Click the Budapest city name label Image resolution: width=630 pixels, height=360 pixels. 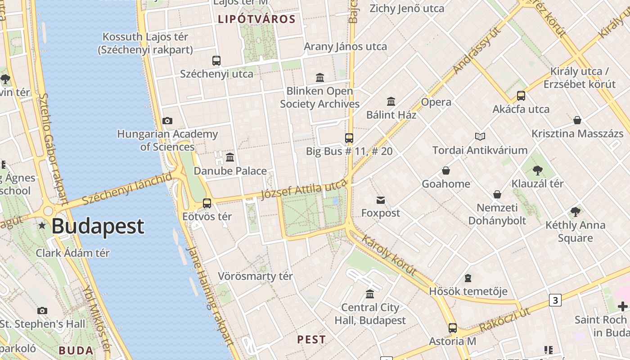tap(98, 226)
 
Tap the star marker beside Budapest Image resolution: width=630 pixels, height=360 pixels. tap(42, 225)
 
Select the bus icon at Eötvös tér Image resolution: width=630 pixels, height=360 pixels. tap(207, 203)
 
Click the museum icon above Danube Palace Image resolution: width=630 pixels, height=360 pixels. tap(230, 157)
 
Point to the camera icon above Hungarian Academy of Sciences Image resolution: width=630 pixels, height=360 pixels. tap(167, 121)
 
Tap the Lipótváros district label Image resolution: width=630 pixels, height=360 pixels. tap(256, 19)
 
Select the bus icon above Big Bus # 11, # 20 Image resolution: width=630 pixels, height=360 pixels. tap(349, 138)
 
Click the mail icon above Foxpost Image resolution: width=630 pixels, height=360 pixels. tap(381, 200)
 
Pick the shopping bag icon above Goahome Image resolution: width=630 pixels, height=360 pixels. tap(446, 171)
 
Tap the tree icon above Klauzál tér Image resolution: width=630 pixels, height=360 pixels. tap(537, 170)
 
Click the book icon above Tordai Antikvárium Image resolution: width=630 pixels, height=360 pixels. tap(480, 136)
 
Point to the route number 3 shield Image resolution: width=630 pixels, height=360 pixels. tap(555, 300)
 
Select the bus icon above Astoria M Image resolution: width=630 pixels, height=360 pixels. tap(453, 328)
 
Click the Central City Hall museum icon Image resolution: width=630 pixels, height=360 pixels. tap(370, 294)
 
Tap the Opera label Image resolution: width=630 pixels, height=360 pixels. tap(436, 102)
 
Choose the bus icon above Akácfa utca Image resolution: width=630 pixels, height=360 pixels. tap(521, 96)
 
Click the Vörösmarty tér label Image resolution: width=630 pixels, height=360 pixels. tap(255, 276)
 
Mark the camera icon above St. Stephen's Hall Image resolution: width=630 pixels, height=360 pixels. tap(42, 310)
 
